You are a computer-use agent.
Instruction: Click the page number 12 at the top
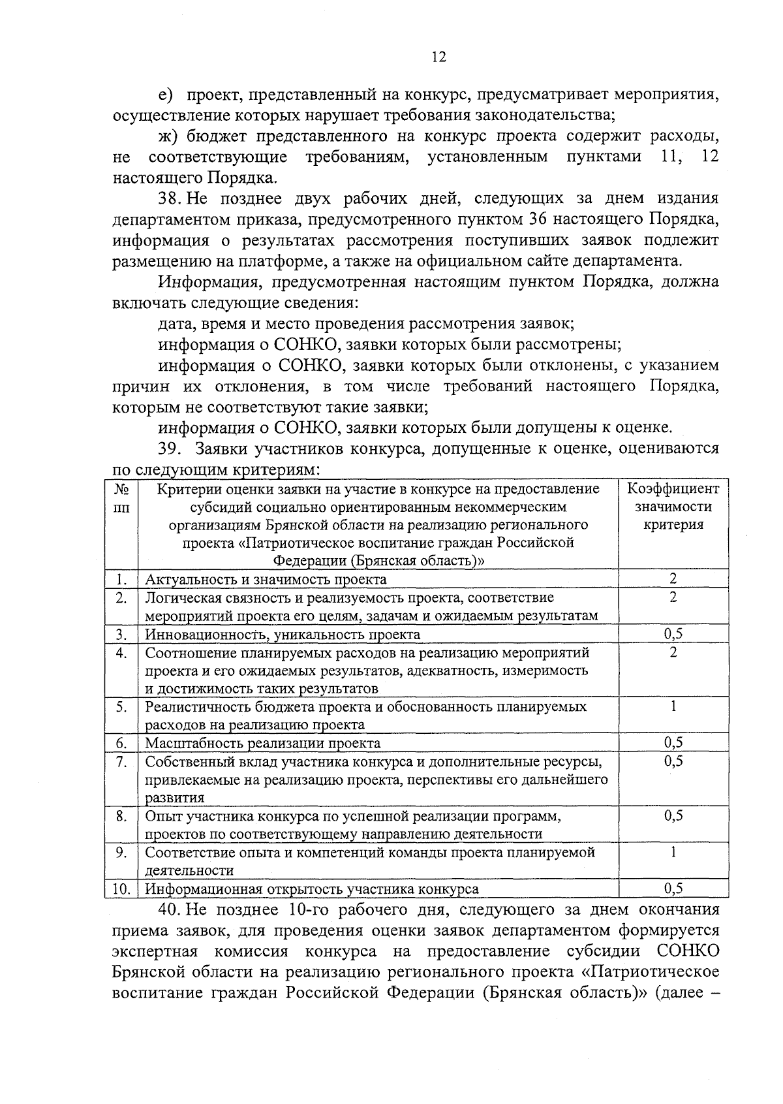(438, 57)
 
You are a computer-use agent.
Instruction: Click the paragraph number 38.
(168, 198)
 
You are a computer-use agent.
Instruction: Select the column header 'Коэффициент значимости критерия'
(673, 507)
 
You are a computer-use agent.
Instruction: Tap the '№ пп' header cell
(121, 497)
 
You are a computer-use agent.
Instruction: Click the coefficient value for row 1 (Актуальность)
(673, 578)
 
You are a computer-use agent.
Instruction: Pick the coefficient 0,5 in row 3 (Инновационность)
(673, 633)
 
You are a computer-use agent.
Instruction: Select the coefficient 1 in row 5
(673, 706)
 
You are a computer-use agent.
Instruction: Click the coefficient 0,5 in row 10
(673, 888)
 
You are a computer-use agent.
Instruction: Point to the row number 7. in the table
(121, 761)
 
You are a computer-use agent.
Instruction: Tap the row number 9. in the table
(121, 852)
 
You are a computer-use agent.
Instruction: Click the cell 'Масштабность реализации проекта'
(262, 743)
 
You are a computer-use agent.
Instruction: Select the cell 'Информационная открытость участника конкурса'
(311, 889)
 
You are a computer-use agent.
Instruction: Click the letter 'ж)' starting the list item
(168, 136)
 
